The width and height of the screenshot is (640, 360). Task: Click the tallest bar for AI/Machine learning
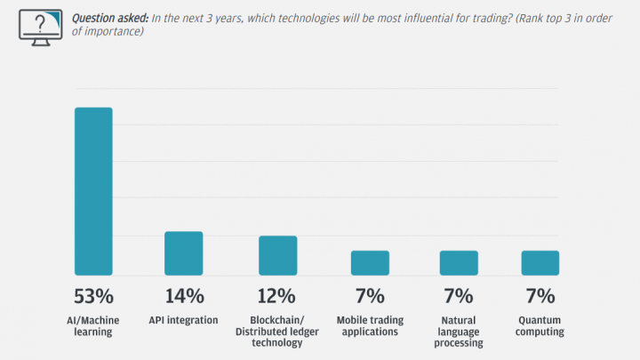[x=93, y=191]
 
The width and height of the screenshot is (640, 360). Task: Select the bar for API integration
[x=183, y=253]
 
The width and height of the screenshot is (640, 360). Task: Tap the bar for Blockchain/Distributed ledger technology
[x=277, y=255]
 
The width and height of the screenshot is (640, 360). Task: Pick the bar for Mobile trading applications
[x=370, y=262]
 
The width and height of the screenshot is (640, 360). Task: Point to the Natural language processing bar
[x=459, y=262]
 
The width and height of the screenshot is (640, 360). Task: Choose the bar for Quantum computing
[x=540, y=262]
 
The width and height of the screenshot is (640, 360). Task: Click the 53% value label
[x=93, y=296]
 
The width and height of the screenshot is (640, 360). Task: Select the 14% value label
[x=183, y=296]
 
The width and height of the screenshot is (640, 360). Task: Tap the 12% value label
[x=277, y=296]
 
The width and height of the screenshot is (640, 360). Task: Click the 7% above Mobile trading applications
[x=370, y=296]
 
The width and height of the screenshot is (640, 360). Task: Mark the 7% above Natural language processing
[x=459, y=296]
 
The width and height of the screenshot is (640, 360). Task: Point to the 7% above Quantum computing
[x=540, y=296]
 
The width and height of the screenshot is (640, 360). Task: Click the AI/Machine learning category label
[x=93, y=326]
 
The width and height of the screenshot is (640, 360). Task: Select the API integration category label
[x=183, y=320]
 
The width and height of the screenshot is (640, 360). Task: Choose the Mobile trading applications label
[x=370, y=326]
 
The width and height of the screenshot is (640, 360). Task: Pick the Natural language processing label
[x=459, y=332]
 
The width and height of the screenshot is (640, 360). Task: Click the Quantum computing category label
[x=540, y=326]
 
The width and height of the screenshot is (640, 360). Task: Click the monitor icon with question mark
[x=39, y=26]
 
